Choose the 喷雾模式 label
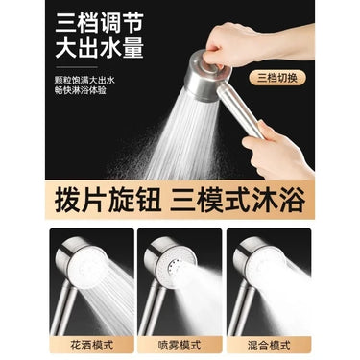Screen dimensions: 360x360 coord(180,343)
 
